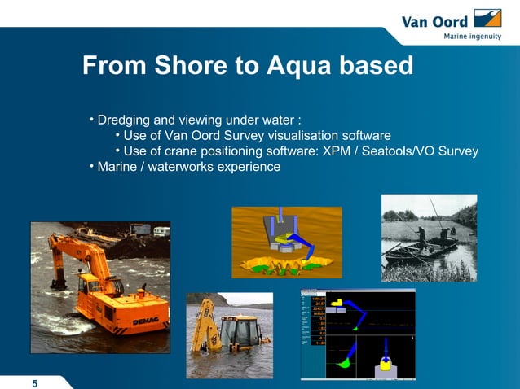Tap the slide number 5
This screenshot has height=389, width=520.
point(34,384)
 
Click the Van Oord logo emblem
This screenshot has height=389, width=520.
point(487,20)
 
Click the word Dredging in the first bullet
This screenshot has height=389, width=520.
point(127,121)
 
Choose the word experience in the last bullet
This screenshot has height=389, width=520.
point(248,167)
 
